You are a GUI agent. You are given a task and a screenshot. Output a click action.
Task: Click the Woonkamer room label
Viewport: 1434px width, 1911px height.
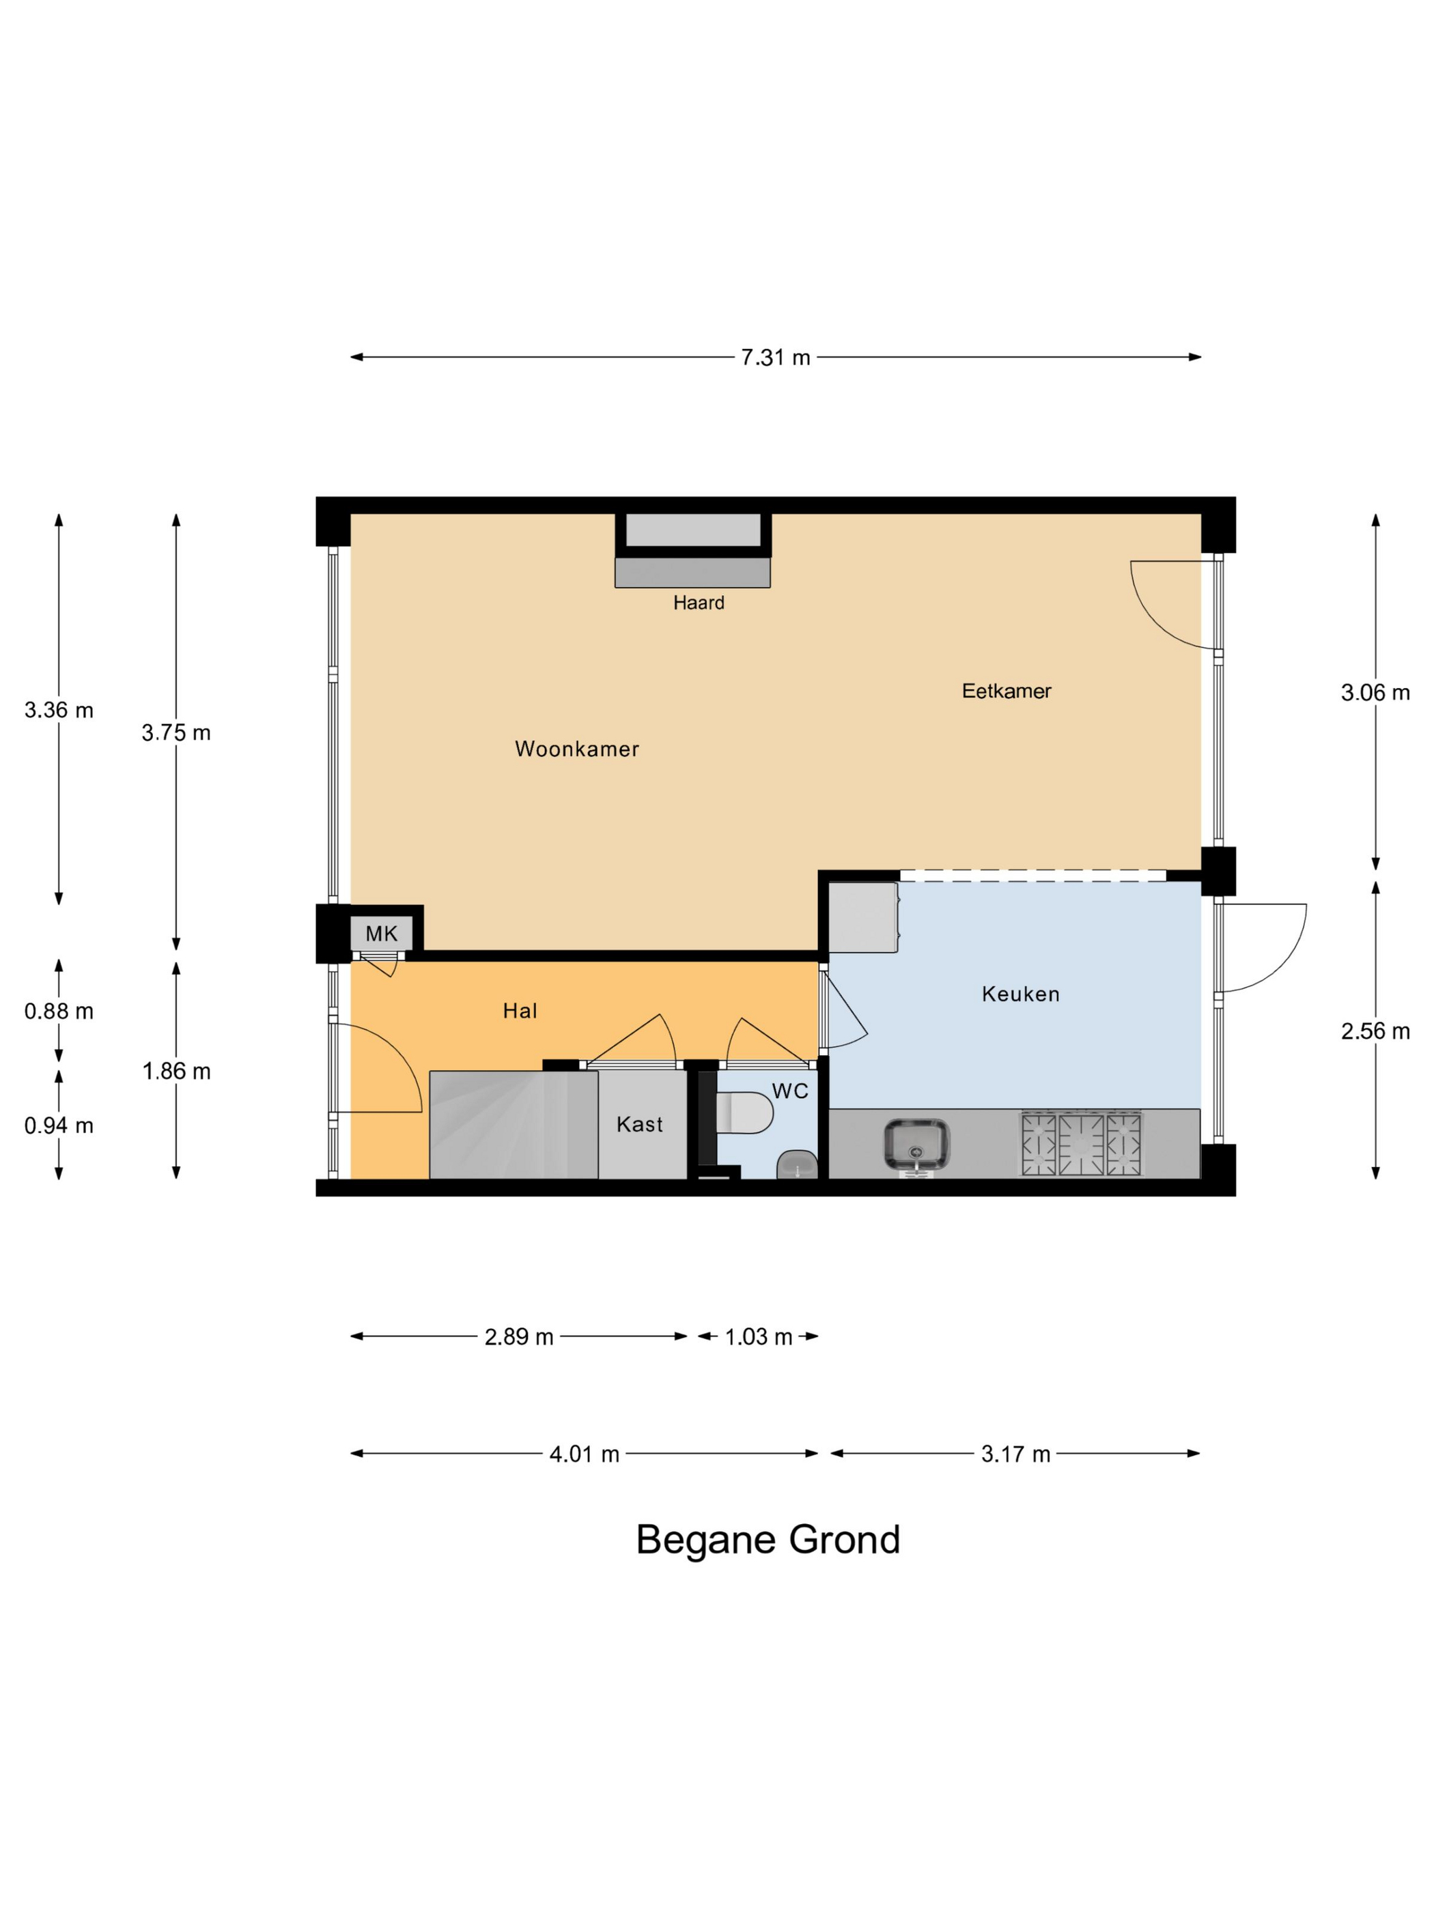point(576,749)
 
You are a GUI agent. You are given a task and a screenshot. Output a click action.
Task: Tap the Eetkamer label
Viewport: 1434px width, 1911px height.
point(1006,691)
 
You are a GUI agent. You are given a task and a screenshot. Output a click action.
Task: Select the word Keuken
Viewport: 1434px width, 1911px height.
point(1020,994)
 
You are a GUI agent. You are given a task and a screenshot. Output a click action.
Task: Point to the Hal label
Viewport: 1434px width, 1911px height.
point(520,1011)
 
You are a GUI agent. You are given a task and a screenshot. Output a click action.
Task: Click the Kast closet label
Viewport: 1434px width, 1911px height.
point(640,1124)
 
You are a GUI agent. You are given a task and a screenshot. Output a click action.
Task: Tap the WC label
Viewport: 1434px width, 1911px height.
point(790,1091)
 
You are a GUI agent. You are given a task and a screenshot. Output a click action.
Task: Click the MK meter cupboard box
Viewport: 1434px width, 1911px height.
point(381,933)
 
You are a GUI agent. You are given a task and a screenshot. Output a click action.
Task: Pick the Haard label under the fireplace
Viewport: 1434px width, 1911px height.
point(699,603)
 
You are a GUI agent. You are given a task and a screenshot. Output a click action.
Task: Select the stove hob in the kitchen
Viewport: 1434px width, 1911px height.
point(1082,1144)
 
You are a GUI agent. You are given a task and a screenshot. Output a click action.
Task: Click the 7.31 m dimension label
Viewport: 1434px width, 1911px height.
point(775,358)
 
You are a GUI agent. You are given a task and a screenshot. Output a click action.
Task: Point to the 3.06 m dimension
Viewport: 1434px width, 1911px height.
point(1375,693)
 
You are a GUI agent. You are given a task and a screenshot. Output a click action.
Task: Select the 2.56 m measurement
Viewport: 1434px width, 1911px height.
point(1375,1031)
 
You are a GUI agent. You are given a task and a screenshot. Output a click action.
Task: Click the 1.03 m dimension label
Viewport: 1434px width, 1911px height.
point(758,1337)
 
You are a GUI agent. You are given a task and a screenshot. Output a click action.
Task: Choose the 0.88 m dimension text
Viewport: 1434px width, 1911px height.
point(59,1011)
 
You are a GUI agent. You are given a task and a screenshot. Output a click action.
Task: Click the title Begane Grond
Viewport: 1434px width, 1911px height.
point(768,1540)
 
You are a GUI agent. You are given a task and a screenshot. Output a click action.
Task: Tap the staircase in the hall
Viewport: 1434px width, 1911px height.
point(514,1125)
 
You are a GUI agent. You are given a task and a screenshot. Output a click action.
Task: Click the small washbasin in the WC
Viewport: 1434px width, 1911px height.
point(798,1164)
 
